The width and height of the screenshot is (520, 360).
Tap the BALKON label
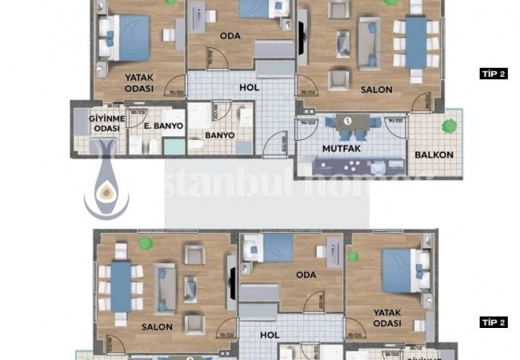coord(434,154)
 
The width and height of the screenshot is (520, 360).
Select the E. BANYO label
coord(164,126)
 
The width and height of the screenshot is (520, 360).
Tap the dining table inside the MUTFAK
coord(348,122)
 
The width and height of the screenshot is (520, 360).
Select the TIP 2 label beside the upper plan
coord(494,74)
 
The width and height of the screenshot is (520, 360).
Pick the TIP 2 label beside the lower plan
coord(494,322)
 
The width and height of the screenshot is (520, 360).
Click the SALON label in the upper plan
coord(376,90)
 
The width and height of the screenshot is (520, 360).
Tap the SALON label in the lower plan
coord(158,327)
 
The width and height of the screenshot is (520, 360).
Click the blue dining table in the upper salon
coord(416,42)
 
